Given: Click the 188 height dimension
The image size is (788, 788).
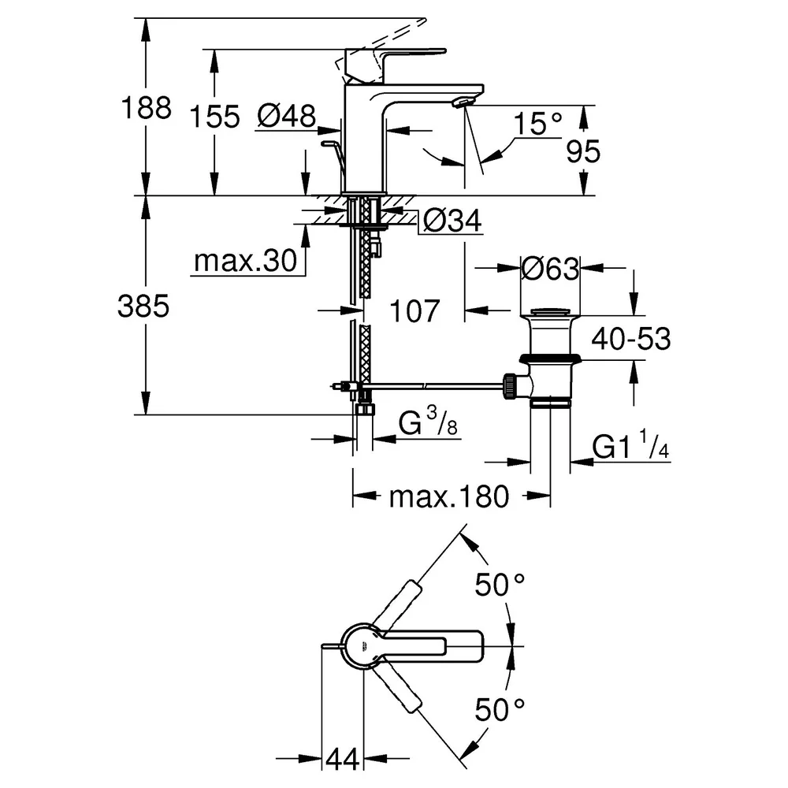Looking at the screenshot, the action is tap(147, 108).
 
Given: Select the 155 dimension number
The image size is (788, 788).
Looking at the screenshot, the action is tap(214, 117).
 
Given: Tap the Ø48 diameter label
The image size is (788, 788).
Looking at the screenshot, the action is tap(287, 116).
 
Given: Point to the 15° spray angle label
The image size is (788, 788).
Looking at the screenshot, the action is tap(537, 123).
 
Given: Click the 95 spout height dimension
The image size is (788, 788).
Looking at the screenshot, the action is tap(583, 151).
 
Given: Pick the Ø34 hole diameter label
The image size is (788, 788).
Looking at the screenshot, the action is tap(452, 220).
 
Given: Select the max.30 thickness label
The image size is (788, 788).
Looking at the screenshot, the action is tap(246, 261).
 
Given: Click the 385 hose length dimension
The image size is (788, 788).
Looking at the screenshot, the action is tap(143, 306).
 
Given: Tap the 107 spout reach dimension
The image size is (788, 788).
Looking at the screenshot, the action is tap(414, 310).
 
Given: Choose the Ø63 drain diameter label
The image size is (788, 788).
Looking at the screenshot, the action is tap(550, 269).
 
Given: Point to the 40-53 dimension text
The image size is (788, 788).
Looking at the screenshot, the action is tap(630, 339).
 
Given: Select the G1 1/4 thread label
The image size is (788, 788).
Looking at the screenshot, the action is tap(630, 444).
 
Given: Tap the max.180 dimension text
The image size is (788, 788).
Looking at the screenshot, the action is tap(449, 497).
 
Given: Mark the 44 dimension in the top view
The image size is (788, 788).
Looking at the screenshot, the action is tap(343, 759).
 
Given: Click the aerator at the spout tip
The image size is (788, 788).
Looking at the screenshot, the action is tap(463, 102).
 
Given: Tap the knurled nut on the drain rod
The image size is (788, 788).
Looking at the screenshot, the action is tap(510, 386).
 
